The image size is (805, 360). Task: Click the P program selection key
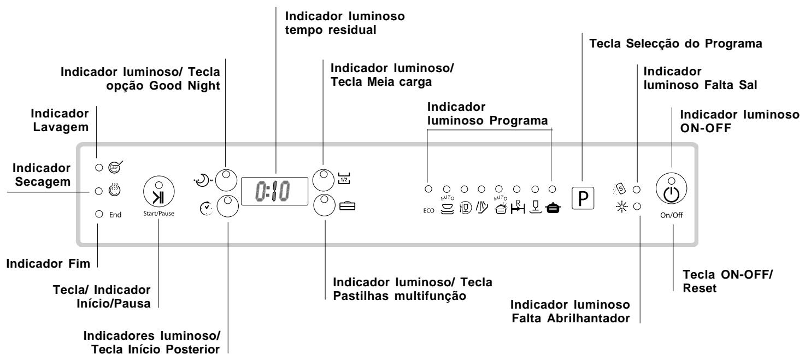coord(583,198)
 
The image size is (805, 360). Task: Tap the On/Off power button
coord(671,188)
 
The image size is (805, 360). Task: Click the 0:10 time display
coord(274,191)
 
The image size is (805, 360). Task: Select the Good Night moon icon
coord(202,180)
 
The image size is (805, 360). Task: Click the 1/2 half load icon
coord(344,178)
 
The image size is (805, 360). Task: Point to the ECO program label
coord(429,210)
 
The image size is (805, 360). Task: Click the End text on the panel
coord(115,215)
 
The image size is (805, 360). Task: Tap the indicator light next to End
coord(99,214)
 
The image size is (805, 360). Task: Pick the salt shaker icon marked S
coord(620,188)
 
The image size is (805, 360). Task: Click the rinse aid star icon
coord(621,207)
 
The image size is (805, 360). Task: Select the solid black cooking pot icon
coord(553,208)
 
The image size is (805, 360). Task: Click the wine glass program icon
coord(536,207)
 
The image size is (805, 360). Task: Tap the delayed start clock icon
coord(206,208)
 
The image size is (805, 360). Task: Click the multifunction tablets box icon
coord(347,206)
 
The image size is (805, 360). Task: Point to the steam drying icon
coord(114,190)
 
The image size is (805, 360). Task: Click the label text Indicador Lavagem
coord(60,120)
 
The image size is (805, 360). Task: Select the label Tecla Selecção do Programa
coord(675,44)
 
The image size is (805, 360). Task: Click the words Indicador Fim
coord(48,263)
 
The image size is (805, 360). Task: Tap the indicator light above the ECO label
coord(428,188)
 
